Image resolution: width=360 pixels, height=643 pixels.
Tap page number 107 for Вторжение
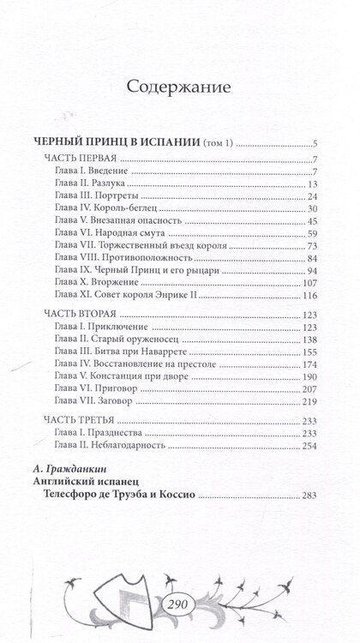(310, 283)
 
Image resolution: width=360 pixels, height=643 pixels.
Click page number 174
(310, 364)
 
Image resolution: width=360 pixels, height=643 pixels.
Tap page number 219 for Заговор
(310, 400)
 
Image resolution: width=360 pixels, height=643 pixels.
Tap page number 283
(310, 496)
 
